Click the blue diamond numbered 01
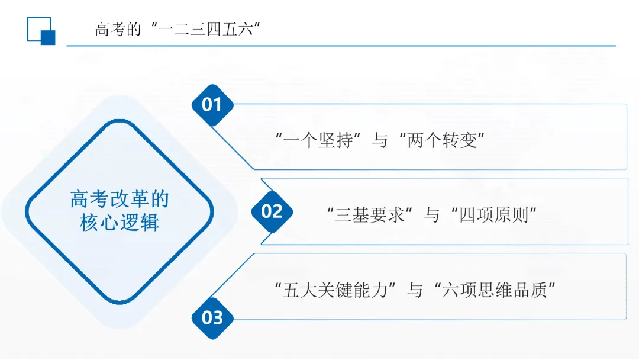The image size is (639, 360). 212,105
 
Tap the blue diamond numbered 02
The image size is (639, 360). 272,211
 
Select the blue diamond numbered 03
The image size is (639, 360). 212,317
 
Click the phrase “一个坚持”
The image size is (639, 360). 319,141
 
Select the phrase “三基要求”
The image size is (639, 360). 370,215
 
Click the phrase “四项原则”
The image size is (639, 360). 494,215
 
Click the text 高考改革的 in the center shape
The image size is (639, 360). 120,199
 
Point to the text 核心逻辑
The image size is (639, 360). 120,223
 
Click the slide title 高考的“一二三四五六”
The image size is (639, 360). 178,29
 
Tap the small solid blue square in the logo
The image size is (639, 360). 48,38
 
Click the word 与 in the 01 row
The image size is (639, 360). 379,141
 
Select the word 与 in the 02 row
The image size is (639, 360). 431,215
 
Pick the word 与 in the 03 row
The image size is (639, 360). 415,290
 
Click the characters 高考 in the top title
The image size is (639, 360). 110,29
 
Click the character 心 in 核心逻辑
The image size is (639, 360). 109,223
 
